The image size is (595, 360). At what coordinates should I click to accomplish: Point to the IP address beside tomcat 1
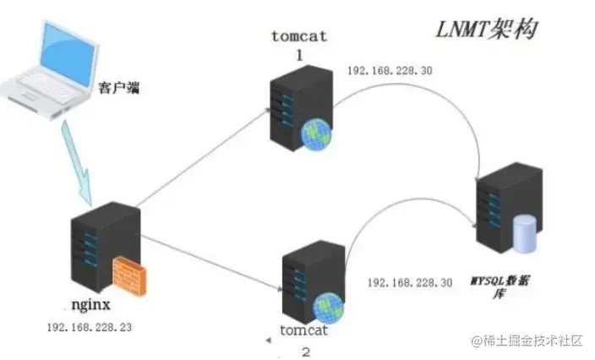click(x=390, y=70)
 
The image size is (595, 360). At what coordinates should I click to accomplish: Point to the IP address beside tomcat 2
click(x=409, y=281)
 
